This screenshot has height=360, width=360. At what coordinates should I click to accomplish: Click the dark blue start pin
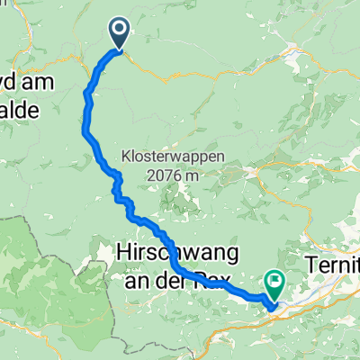click(120, 33)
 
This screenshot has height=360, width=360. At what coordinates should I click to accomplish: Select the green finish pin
click(273, 285)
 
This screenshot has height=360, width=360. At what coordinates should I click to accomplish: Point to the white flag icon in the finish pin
click(273, 282)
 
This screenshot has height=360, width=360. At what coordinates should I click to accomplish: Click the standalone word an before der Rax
click(139, 274)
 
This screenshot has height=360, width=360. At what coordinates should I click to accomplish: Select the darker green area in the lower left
click(45, 270)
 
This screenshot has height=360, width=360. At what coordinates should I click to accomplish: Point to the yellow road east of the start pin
click(180, 72)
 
